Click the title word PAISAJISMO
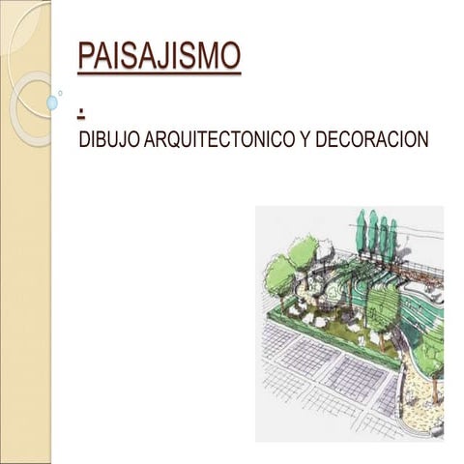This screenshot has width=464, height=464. tap(159, 55)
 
